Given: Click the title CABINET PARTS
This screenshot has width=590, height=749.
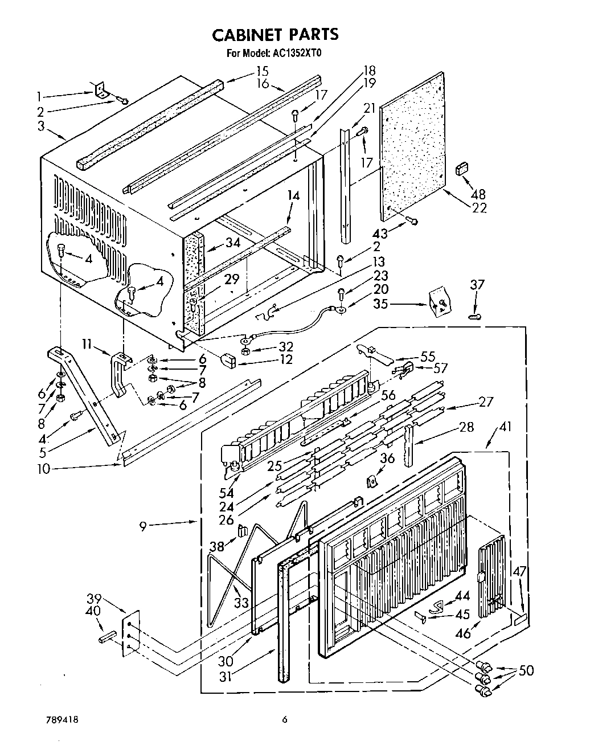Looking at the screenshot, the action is (x=275, y=35).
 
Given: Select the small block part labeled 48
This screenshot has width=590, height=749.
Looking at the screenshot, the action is (x=461, y=169).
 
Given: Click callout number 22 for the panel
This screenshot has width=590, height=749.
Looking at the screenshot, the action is (x=480, y=208).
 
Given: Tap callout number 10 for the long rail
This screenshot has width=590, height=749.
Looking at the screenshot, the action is (x=44, y=469).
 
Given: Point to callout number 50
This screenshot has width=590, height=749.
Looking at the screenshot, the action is (x=526, y=670).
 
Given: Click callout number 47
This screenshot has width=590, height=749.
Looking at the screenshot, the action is (x=519, y=572).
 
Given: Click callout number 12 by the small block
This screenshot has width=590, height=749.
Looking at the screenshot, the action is (x=285, y=359).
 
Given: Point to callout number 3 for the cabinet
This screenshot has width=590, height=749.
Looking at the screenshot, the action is (x=40, y=125).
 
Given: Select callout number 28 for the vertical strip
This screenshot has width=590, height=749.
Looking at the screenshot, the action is (x=466, y=427).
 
